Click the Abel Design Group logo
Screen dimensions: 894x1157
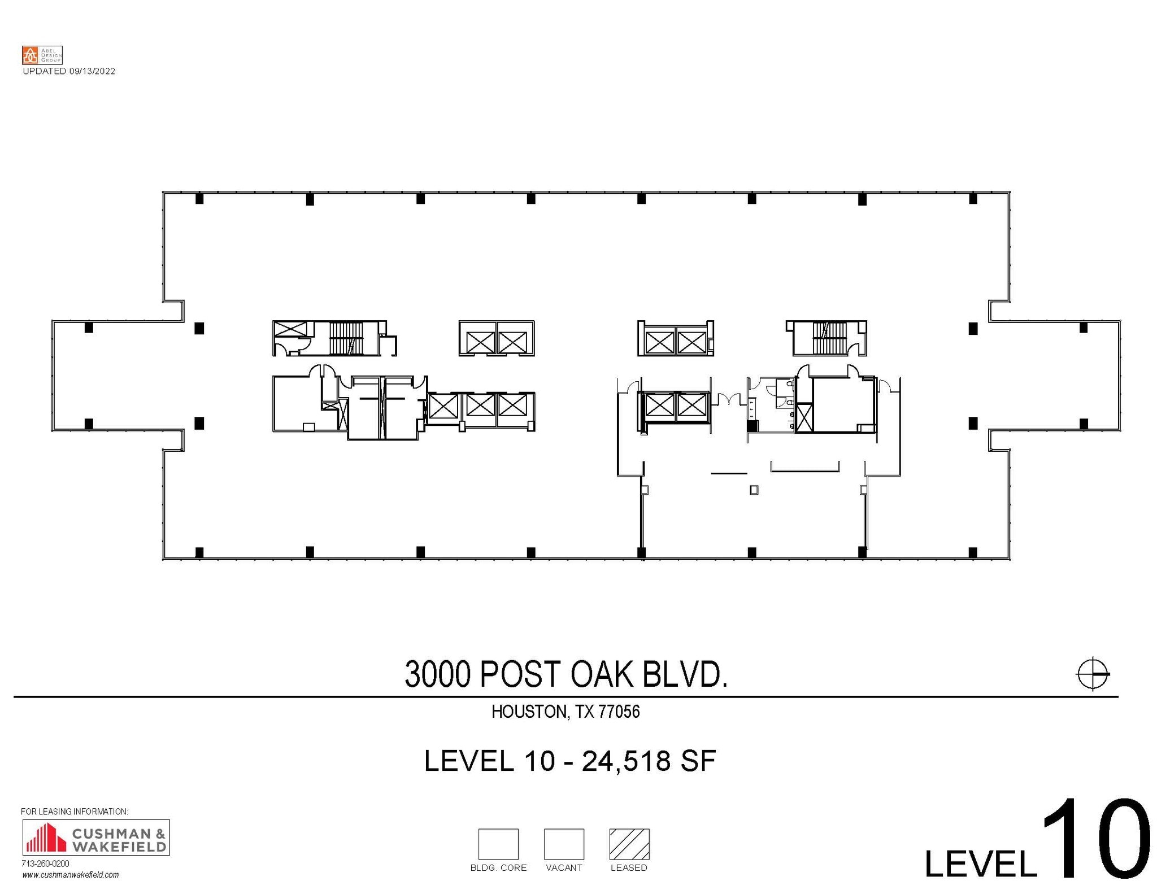coord(42,55)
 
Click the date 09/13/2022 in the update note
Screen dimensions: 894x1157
coord(92,71)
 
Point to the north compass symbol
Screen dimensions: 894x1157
coord(1092,674)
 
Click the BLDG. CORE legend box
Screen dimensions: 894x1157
coord(498,844)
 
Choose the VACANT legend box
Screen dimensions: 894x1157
coord(563,844)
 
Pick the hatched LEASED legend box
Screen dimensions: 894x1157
coord(629,844)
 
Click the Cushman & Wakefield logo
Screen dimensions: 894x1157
coord(95,838)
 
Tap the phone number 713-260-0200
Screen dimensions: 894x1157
coord(45,864)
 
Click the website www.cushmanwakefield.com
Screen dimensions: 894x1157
coord(70,875)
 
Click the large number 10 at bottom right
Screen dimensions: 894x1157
coord(1095,840)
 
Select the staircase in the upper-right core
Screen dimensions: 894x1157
coord(829,338)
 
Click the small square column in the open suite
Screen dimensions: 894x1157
coord(754,490)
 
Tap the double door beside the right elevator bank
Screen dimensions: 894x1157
coord(729,400)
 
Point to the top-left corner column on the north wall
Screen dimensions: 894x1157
coord(199,199)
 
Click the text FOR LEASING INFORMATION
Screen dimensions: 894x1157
coord(74,812)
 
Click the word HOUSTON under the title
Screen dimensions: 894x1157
coord(529,712)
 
